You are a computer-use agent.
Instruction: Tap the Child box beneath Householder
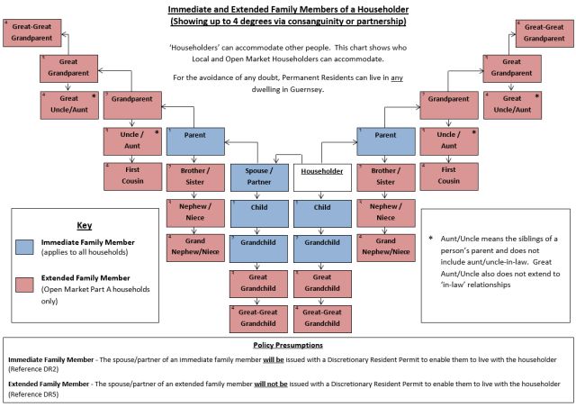pos(323,213)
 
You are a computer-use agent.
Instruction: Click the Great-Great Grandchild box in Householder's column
pos(323,317)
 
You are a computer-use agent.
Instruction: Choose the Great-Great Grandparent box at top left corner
pos(31,33)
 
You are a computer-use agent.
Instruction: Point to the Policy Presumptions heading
pos(287,345)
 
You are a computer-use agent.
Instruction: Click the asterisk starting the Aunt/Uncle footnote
pos(431,238)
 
